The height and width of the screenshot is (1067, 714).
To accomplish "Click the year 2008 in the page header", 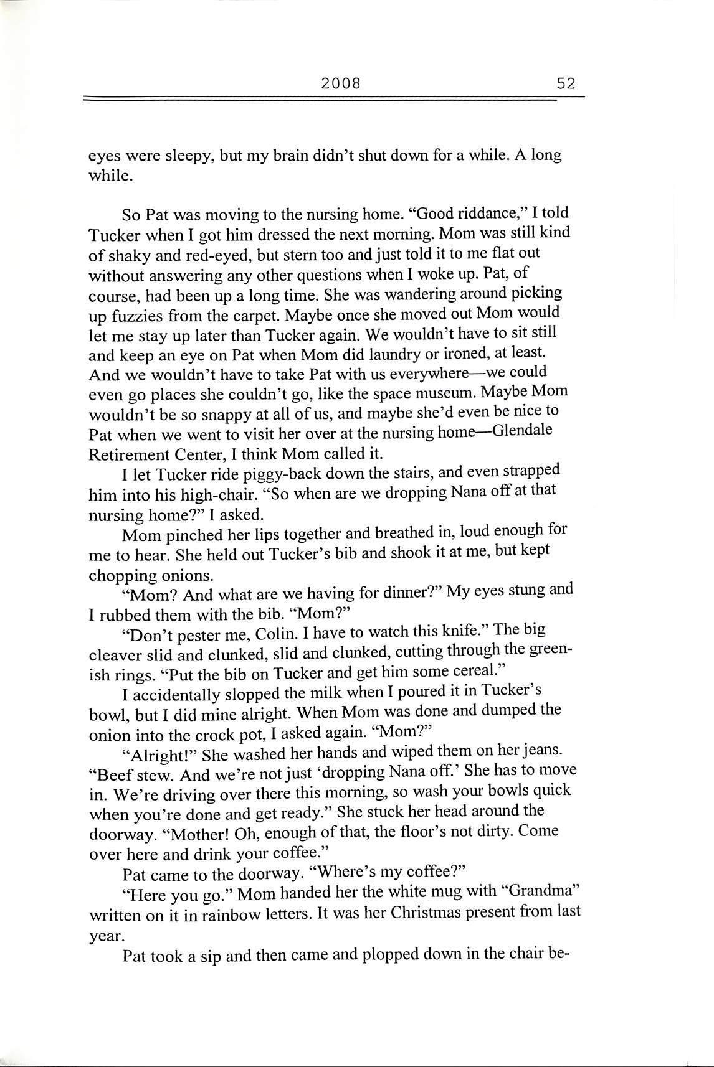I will coord(341,83).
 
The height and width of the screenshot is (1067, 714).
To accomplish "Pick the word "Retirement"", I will coord(128,453).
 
